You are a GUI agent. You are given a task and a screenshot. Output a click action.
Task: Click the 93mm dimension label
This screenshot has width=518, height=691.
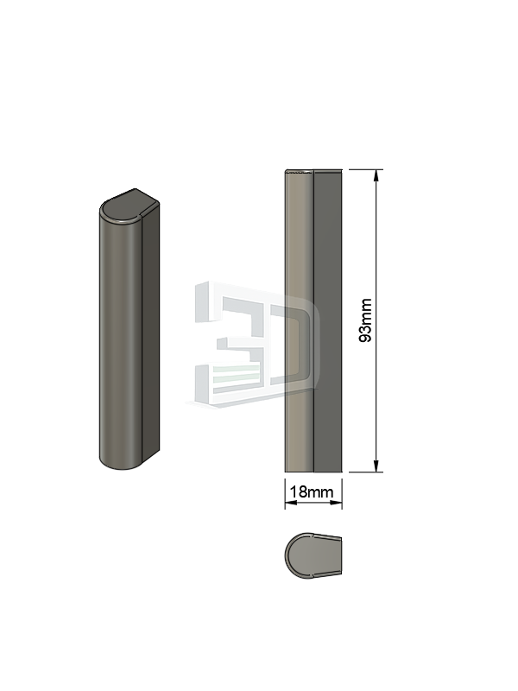coord(365,320)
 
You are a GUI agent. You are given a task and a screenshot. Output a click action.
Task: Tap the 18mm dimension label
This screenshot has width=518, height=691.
coord(312,491)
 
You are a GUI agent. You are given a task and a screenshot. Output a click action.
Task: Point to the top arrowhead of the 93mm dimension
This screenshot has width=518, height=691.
coord(376,175)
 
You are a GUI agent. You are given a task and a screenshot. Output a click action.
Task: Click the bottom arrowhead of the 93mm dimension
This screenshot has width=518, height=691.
coord(376,466)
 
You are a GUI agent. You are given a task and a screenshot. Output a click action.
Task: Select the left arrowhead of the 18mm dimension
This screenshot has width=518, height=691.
coord(290,503)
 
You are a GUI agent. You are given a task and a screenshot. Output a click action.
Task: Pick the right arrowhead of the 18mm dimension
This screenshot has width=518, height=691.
coord(337,503)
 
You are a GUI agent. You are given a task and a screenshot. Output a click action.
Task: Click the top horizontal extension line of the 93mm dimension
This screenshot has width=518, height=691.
coord(366,169)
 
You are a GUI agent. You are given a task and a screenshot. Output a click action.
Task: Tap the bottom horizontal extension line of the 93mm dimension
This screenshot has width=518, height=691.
coord(366,472)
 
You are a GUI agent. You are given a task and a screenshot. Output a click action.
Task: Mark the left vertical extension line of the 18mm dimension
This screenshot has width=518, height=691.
coord(285,493)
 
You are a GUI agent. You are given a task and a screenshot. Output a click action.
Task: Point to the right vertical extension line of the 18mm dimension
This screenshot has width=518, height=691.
coord(342,493)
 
